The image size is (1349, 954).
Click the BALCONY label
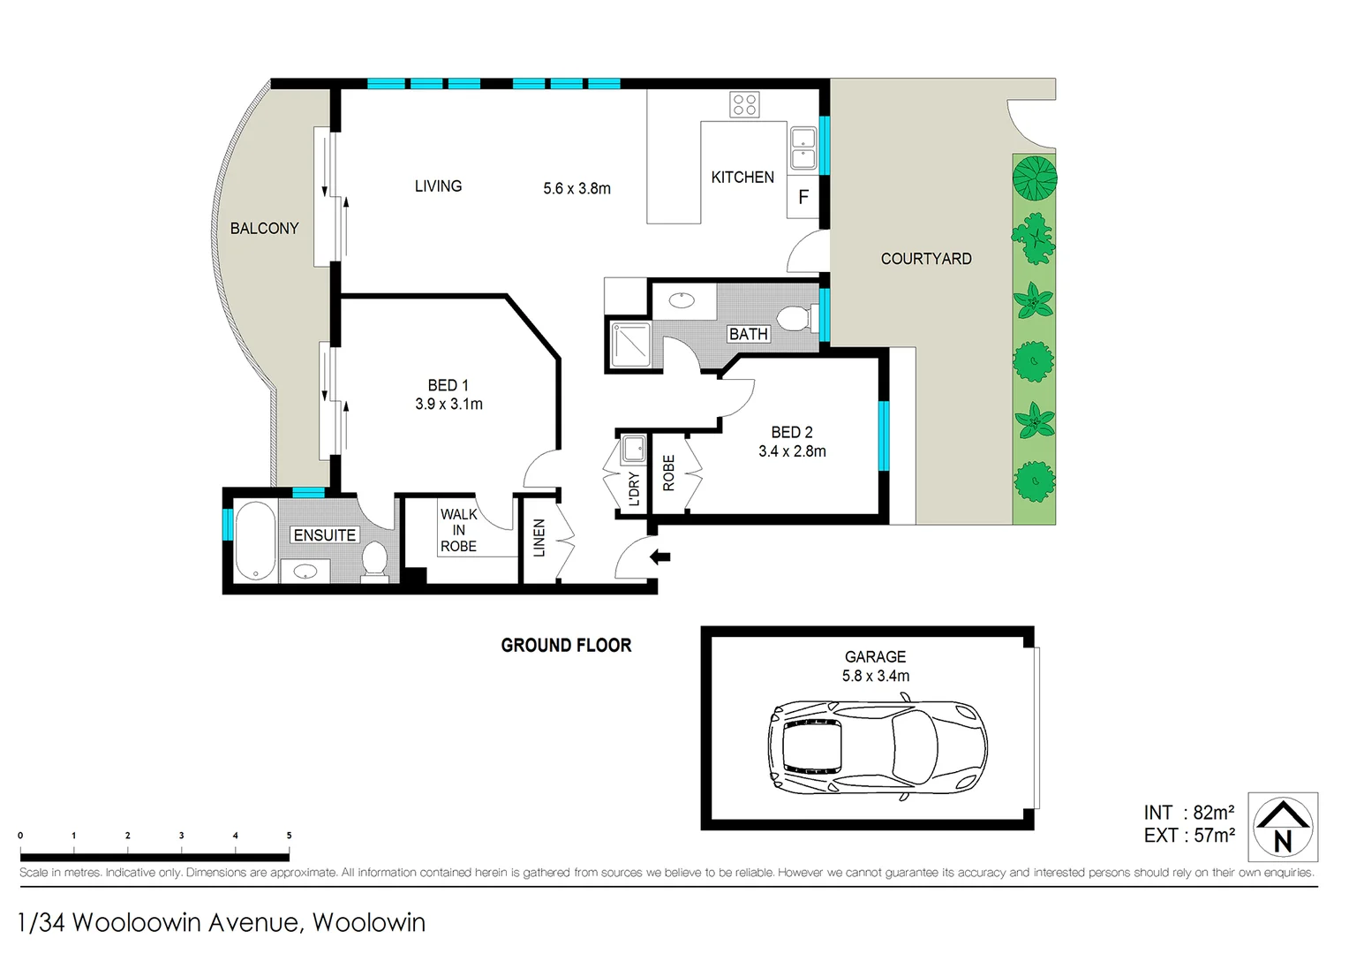tap(264, 229)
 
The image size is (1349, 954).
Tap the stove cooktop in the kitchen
tap(744, 104)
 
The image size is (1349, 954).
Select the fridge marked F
tap(803, 197)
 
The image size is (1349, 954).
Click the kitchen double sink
tap(803, 148)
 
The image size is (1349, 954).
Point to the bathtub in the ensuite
tap(256, 541)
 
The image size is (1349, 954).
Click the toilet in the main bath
tap(795, 317)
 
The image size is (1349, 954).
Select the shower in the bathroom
tap(629, 344)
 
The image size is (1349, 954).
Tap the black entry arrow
tap(660, 556)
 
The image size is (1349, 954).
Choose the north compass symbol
tap(1283, 827)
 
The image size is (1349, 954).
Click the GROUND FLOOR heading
tap(566, 646)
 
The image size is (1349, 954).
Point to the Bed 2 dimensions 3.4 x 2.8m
tap(792, 451)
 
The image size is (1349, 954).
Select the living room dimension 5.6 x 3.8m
tap(577, 188)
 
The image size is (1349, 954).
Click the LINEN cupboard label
tap(539, 538)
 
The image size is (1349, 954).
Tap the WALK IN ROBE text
tap(458, 530)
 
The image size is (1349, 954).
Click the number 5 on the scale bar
tap(289, 836)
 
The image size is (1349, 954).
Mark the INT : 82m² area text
tap(1188, 813)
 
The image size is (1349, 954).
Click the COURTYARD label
tap(925, 259)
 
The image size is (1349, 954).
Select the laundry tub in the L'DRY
tap(633, 449)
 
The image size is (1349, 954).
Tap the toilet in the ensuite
tap(375, 560)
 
